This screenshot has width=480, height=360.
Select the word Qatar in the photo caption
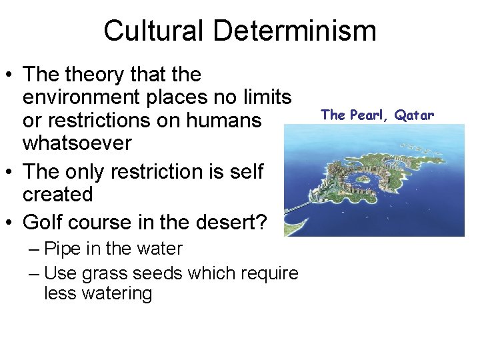coord(414,115)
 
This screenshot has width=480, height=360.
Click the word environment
coord(85,98)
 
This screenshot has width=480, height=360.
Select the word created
coord(57,195)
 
